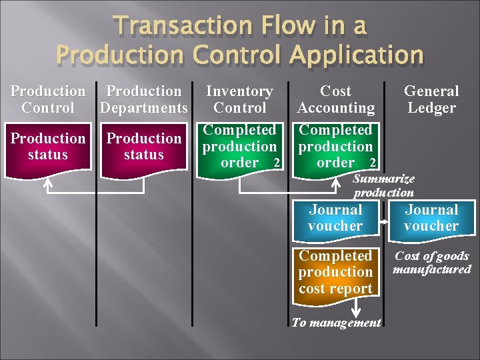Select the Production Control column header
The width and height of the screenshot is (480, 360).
pyautogui.click(x=48, y=99)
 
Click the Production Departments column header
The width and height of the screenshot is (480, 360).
pyautogui.click(x=144, y=99)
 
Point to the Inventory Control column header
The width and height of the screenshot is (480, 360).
pyautogui.click(x=239, y=99)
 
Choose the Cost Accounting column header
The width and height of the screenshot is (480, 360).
pyautogui.click(x=336, y=99)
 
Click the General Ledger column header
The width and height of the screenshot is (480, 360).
pyautogui.click(x=431, y=99)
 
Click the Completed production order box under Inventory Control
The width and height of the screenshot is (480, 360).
pyautogui.click(x=239, y=146)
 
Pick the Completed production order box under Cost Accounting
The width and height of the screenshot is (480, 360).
pyautogui.click(x=335, y=146)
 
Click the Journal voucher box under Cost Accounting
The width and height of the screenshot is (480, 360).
pyautogui.click(x=335, y=218)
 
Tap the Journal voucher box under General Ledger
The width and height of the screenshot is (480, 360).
pyautogui.click(x=432, y=218)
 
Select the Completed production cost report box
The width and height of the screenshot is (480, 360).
pyautogui.click(x=335, y=271)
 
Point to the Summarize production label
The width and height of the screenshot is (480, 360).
pyautogui.click(x=383, y=186)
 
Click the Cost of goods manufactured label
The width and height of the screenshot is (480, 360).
pyautogui.click(x=432, y=263)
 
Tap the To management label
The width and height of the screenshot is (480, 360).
pyautogui.click(x=337, y=323)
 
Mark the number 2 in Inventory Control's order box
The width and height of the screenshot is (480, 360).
pyautogui.click(x=276, y=163)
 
